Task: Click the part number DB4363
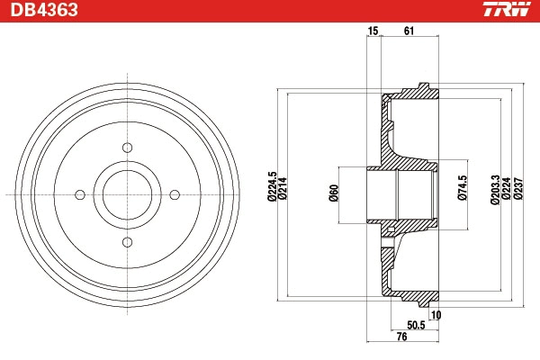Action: click(44, 11)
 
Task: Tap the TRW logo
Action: click(505, 11)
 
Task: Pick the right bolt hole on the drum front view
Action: click(175, 193)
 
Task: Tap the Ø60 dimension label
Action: click(333, 192)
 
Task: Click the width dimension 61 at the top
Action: click(409, 32)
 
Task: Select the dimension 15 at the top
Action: click(372, 32)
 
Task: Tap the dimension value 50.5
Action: click(417, 325)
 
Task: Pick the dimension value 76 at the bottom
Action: click(402, 337)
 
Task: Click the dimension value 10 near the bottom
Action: click(436, 314)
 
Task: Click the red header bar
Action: click(270, 11)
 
